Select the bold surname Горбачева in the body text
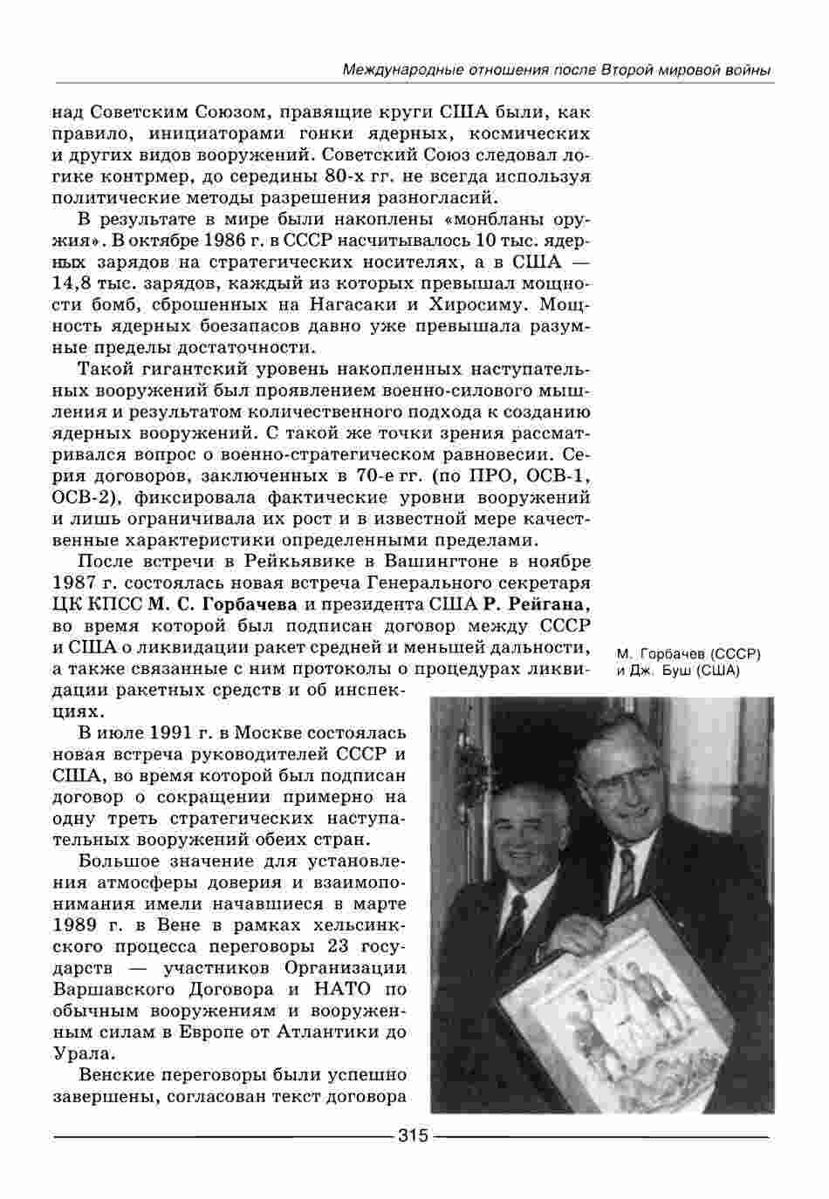point(248,603)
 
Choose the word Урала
point(84,1053)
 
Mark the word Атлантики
point(331,1032)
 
